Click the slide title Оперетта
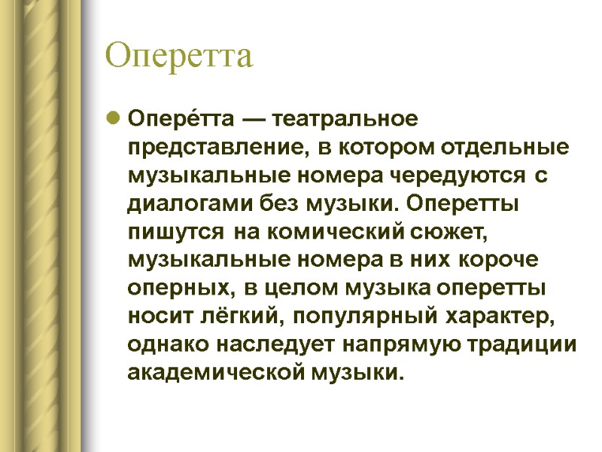tap(180, 56)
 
